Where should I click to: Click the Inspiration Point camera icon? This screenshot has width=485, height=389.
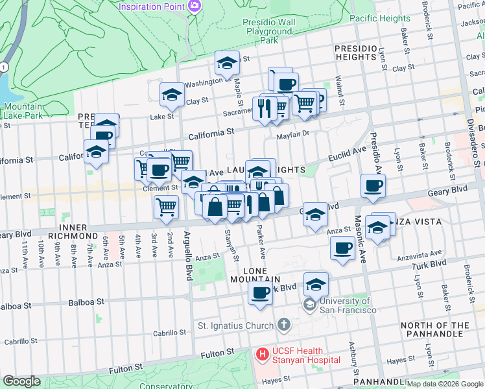[195, 6]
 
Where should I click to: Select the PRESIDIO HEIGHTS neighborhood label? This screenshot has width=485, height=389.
[356, 53]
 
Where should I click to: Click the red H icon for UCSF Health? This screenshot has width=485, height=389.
[263, 355]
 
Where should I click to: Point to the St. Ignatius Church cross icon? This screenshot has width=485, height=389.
[284, 325]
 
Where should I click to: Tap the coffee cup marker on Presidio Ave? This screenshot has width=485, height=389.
[373, 186]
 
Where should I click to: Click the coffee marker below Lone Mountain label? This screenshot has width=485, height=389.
[261, 294]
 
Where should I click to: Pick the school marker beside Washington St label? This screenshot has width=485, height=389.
[227, 64]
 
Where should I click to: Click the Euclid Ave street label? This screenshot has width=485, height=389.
[347, 155]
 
